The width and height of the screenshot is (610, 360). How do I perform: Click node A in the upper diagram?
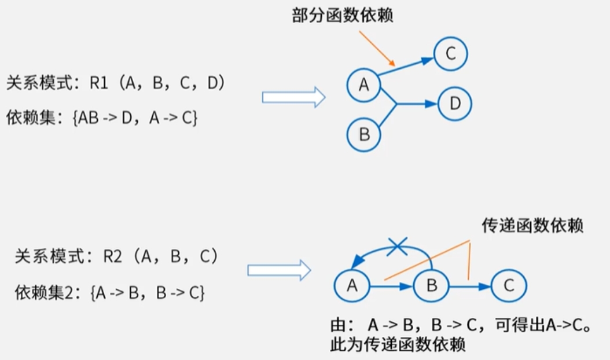click(x=363, y=85)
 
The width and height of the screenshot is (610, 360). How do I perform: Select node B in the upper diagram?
click(x=364, y=135)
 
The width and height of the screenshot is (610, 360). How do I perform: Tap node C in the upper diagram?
click(x=451, y=54)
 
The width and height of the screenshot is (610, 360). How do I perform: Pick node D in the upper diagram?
click(x=455, y=104)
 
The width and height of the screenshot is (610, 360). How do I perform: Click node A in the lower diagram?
click(x=352, y=285)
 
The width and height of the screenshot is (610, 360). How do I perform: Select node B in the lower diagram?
click(x=431, y=285)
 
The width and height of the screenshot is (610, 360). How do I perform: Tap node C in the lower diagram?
click(x=509, y=285)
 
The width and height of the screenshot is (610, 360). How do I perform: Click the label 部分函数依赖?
click(x=343, y=16)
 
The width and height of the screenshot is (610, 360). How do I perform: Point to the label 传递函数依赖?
click(x=532, y=226)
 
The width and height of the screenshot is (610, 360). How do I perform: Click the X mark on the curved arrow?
click(x=396, y=248)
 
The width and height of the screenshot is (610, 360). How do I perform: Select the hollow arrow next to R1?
click(x=293, y=97)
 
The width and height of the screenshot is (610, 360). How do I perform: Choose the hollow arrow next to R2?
click(x=279, y=270)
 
